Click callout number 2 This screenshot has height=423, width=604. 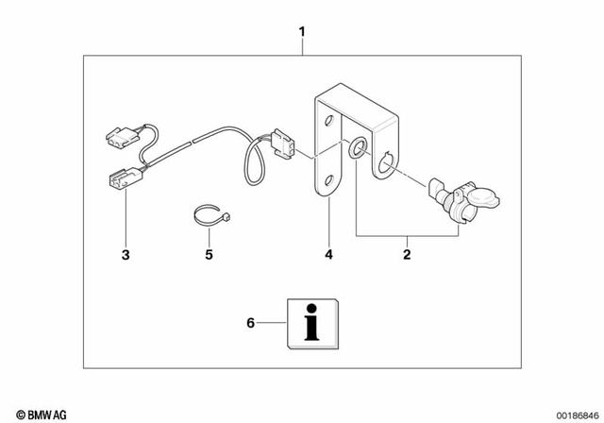coord(407,254)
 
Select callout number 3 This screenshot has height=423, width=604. coord(125,254)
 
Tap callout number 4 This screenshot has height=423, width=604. coord(328,254)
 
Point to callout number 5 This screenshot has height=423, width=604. coord(210,254)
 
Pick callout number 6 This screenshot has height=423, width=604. coord(250,323)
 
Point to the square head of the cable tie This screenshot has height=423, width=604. coord(227,218)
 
